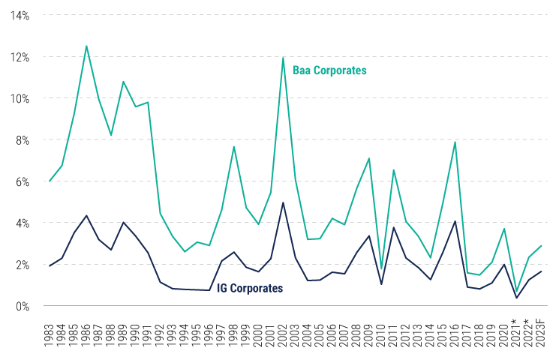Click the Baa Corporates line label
click(x=329, y=71)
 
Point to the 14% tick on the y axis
click(x=19, y=16)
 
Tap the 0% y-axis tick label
click(x=22, y=306)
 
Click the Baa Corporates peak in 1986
click(x=87, y=46)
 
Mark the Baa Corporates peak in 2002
click(x=283, y=58)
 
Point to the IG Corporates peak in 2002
click(x=283, y=202)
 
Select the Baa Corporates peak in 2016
click(x=455, y=142)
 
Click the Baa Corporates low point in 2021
click(x=516, y=291)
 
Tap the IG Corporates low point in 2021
click(x=516, y=298)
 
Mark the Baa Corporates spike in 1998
click(x=234, y=146)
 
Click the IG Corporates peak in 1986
click(x=87, y=215)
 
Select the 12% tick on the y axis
click(x=19, y=57)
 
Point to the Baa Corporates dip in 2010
click(x=381, y=268)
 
